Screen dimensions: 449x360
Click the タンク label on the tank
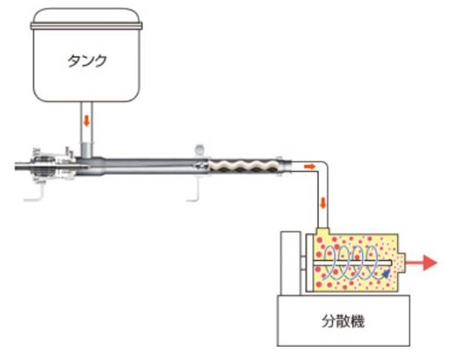[x=87, y=60]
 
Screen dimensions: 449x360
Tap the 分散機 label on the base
[x=343, y=321]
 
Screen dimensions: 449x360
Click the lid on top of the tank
[x=87, y=19]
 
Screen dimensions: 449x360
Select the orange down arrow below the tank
[x=87, y=121]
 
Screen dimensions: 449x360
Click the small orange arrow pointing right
[x=310, y=166]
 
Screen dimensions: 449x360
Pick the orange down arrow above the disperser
[x=323, y=203]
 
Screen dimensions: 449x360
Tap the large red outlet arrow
[x=421, y=262]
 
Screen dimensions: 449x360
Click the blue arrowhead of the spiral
[x=386, y=274]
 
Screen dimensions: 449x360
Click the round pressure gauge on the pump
[x=199, y=149]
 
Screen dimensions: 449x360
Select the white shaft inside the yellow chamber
[x=352, y=262]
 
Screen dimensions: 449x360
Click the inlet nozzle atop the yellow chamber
[x=323, y=231]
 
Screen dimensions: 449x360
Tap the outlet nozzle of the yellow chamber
[x=402, y=262]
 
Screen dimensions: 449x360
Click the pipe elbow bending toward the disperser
[x=323, y=166]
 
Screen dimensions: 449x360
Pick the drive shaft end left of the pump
[x=23, y=166]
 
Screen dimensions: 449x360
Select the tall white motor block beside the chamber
[x=290, y=263]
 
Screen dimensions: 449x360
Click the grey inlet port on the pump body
[x=86, y=149]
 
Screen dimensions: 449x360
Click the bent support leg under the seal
[x=39, y=194]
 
